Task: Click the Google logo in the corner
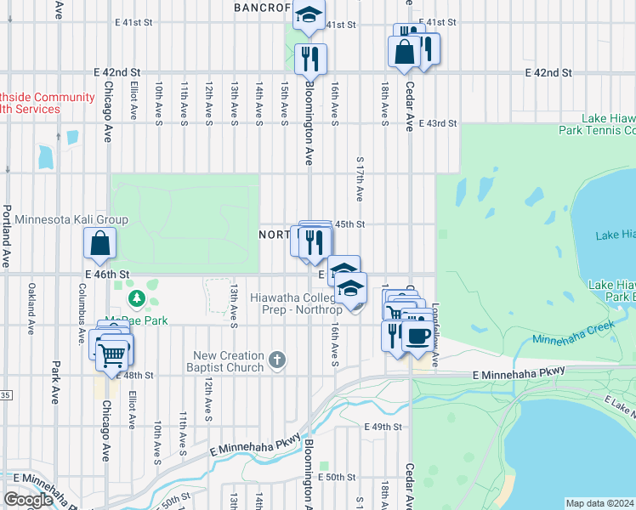(x=28, y=500)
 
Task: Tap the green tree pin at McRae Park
(x=137, y=299)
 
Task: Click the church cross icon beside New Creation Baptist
(x=275, y=360)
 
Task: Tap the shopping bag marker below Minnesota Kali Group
(x=100, y=244)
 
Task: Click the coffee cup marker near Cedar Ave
(x=416, y=336)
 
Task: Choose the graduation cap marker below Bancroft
(x=309, y=15)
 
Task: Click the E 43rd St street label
(x=435, y=124)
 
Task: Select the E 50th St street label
(x=335, y=478)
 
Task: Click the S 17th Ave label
(x=361, y=178)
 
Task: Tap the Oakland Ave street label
(x=31, y=302)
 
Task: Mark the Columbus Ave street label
(x=82, y=303)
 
